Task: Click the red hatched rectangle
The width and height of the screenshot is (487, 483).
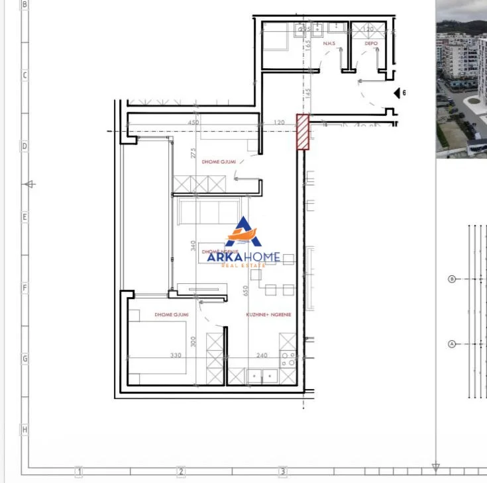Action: [302, 132]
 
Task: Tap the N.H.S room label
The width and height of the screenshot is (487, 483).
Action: [329, 44]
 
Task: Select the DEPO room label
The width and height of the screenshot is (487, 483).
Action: [371, 44]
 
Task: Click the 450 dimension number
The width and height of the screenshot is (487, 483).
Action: [193, 122]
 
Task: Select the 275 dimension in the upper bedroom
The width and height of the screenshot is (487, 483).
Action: [193, 153]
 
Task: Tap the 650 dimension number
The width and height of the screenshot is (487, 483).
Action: [246, 291]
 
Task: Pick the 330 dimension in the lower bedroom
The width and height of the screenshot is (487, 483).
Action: [176, 356]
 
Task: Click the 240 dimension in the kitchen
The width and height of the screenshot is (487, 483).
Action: [262, 356]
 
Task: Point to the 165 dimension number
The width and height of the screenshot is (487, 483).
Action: [309, 45]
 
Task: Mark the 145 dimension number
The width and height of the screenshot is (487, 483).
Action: [309, 93]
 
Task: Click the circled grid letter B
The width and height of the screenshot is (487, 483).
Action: [453, 279]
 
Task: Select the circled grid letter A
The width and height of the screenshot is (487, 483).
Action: [453, 344]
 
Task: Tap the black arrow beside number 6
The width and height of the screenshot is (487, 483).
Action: [397, 93]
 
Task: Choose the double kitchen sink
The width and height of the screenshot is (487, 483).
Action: [262, 376]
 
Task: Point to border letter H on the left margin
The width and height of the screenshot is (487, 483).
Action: [25, 430]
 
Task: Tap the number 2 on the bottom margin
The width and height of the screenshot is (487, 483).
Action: [180, 472]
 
